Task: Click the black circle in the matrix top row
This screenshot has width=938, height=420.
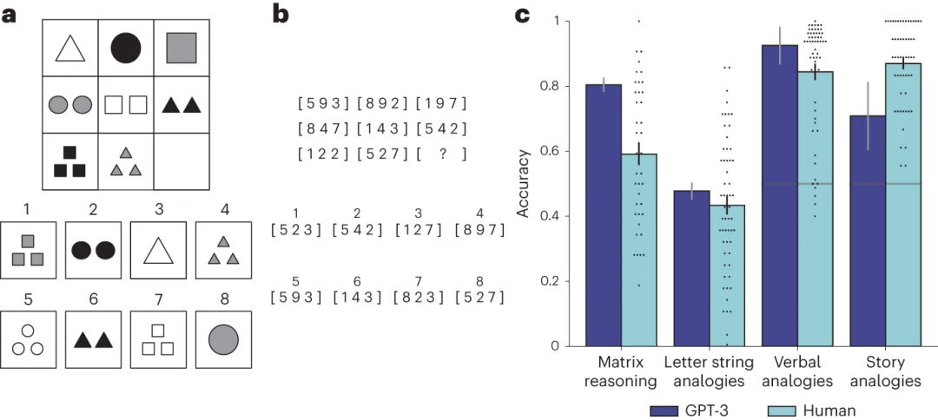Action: [126, 47]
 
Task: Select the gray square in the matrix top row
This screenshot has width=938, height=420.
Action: [182, 47]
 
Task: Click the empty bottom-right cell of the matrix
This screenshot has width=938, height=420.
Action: [182, 161]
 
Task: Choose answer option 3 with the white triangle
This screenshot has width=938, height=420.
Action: [157, 250]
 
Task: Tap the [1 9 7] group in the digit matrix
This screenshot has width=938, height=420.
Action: [441, 104]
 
